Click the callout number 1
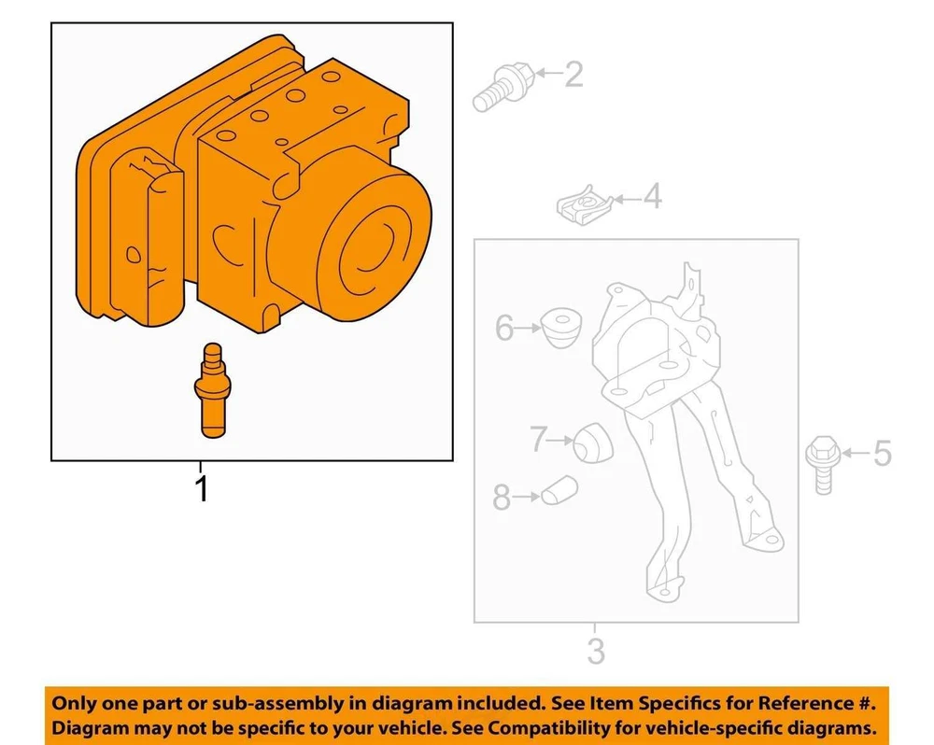pyautogui.click(x=202, y=488)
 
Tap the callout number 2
pyautogui.click(x=573, y=75)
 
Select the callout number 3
pyautogui.click(x=596, y=651)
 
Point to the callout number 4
pyautogui.click(x=652, y=197)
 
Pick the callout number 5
pyautogui.click(x=883, y=453)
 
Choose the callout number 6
pyautogui.click(x=504, y=328)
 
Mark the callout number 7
pyautogui.click(x=538, y=440)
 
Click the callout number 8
pyautogui.click(x=502, y=498)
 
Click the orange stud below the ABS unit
pyautogui.click(x=212, y=390)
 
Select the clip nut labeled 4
pyautogui.click(x=585, y=204)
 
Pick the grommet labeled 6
pyautogui.click(x=561, y=327)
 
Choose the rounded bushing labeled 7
pyautogui.click(x=593, y=443)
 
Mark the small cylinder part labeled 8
pyautogui.click(x=559, y=490)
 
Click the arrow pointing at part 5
pyautogui.click(x=855, y=454)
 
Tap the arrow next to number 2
pyautogui.click(x=548, y=73)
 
